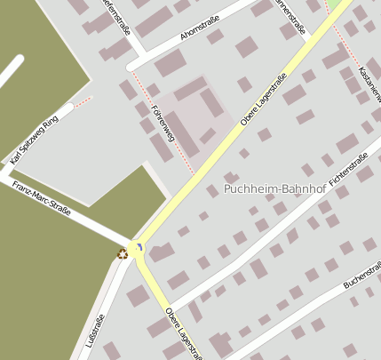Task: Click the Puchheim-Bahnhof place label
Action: pos(274,188)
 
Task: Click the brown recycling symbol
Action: pos(123,254)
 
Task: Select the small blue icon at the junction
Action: pos(139,246)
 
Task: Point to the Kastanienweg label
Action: pos(369,78)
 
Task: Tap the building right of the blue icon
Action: pos(161,253)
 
